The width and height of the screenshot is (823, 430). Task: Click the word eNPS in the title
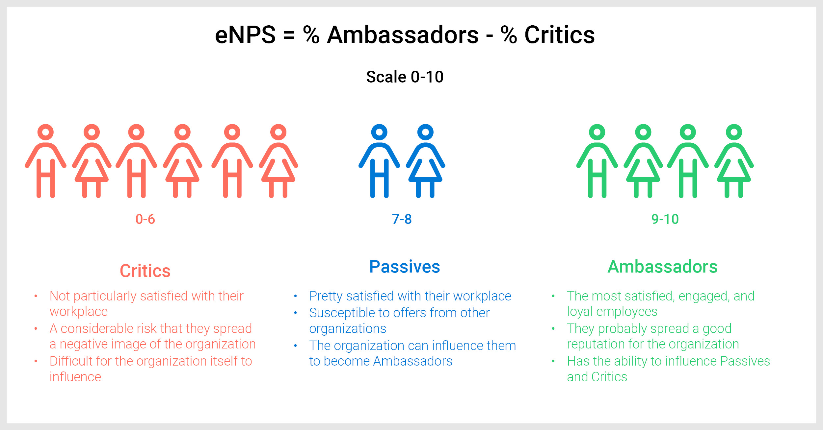(x=245, y=35)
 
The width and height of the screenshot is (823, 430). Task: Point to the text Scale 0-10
(x=405, y=77)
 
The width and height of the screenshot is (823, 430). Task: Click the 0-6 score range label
(x=145, y=219)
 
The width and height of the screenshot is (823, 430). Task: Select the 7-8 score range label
(x=402, y=219)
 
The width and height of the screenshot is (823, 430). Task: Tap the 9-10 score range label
(x=665, y=219)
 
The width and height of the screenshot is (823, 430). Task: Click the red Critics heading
(x=145, y=271)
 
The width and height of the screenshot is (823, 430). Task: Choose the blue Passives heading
(x=405, y=267)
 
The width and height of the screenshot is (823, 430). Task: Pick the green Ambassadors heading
(x=662, y=267)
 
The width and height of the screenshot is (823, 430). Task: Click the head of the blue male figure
(x=379, y=132)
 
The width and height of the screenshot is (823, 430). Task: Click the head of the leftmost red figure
(x=45, y=132)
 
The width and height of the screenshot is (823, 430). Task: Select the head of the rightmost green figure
(x=734, y=132)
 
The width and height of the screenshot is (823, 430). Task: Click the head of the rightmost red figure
(x=278, y=132)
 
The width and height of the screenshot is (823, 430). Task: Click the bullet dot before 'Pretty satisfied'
(x=296, y=296)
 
